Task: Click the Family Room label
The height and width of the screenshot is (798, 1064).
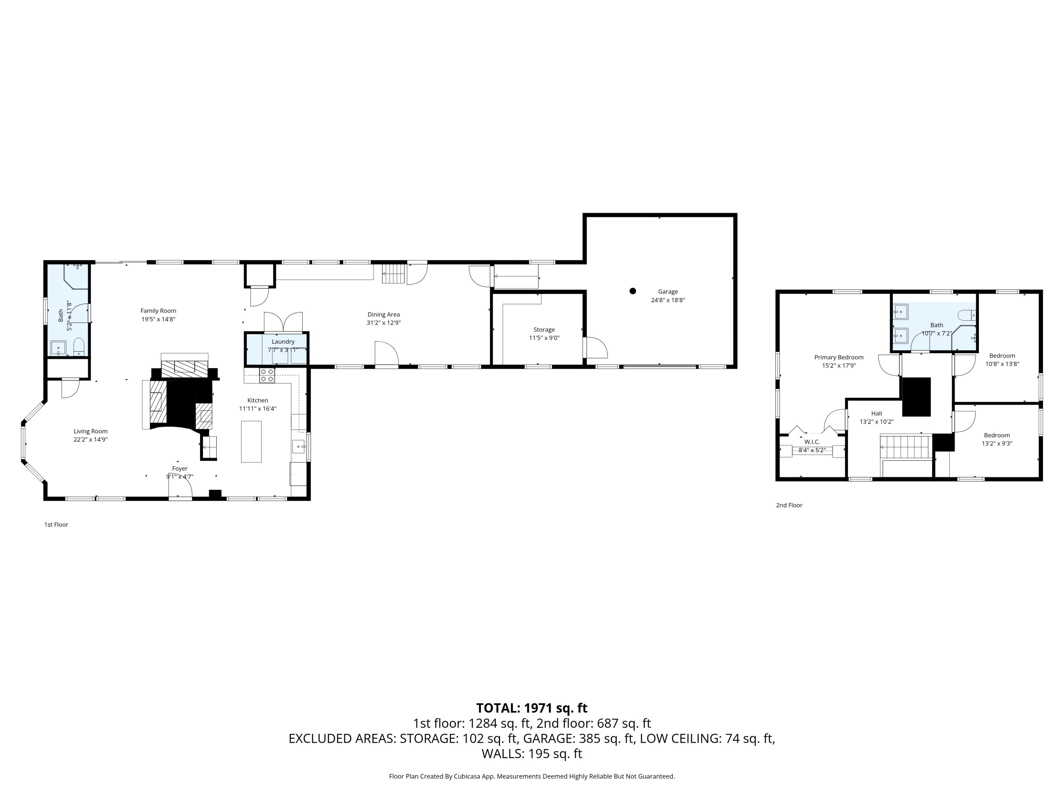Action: tap(158, 311)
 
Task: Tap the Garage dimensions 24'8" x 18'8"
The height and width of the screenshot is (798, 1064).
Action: tap(667, 300)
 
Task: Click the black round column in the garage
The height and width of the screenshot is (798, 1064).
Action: tap(632, 291)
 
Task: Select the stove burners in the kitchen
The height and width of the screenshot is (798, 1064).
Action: tap(267, 375)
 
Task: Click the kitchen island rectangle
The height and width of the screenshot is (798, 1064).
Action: tap(251, 442)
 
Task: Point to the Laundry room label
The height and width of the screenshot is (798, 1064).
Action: tap(283, 342)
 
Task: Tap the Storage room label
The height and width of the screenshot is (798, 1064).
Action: tap(544, 329)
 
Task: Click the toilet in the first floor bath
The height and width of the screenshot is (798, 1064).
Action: tap(79, 346)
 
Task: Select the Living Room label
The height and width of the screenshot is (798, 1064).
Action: tap(90, 432)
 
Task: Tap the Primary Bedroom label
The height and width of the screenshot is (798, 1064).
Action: tap(839, 358)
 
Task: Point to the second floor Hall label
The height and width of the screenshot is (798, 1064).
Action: tap(876, 413)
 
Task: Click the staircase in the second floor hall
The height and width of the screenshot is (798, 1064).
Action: tap(898, 447)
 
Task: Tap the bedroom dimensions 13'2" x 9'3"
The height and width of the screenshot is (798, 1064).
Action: tap(997, 443)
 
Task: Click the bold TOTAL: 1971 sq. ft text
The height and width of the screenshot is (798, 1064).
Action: tap(532, 708)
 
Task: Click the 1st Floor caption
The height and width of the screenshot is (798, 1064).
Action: tap(56, 524)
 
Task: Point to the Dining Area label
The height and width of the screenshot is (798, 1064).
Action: tap(383, 315)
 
